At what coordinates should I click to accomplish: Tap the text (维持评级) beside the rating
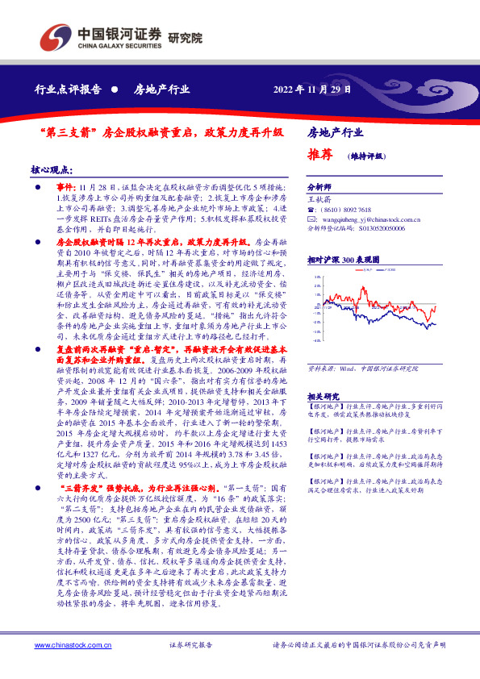[365, 156]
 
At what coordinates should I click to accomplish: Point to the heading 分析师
[320, 185]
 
